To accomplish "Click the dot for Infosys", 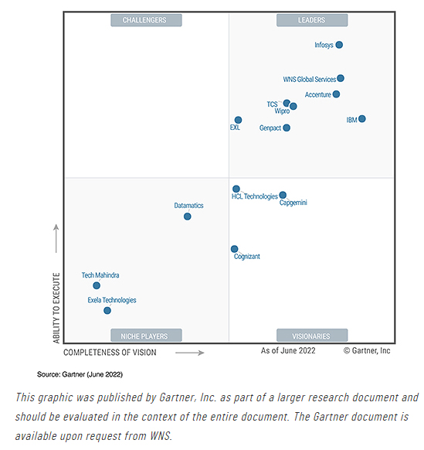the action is point(339,45).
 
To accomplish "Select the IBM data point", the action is point(362,118).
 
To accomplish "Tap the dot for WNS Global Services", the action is point(341,78).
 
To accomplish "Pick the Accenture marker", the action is point(336,94).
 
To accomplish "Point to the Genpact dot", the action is point(287,128).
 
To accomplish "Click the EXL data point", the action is point(238,120).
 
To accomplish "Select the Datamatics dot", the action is point(188,216).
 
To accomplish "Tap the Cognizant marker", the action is point(235,249).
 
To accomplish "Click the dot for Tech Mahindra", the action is point(97,285).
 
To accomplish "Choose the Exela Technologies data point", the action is point(107,311).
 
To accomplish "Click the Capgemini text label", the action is point(293,203).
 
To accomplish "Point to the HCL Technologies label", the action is point(255,196).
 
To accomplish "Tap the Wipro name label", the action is point(282,111).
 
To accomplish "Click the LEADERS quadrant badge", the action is point(312,20).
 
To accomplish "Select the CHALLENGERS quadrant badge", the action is point(146,20).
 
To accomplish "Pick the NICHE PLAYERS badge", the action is point(146,336).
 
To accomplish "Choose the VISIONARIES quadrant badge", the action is point(312,336).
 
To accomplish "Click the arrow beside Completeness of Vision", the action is point(190,353).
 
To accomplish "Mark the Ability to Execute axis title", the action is point(56,308).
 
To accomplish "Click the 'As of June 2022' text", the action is point(288,351).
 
